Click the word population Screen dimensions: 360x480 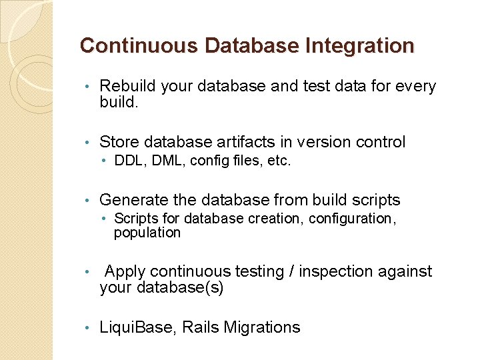click(x=147, y=233)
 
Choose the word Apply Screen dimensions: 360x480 click(x=125, y=271)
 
